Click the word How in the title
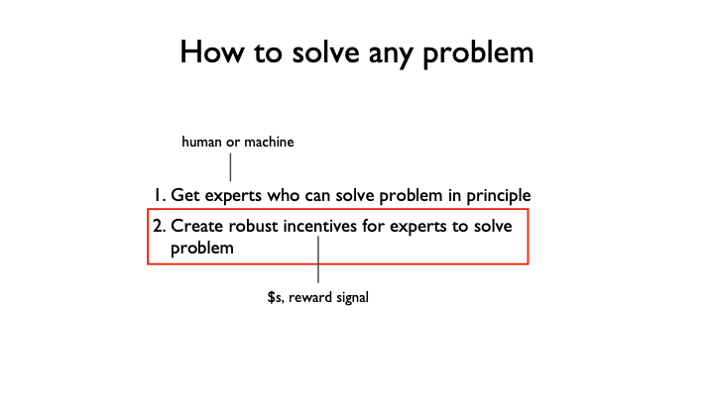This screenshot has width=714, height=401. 210,51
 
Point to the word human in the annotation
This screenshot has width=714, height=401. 202,143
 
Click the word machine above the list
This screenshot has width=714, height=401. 269,143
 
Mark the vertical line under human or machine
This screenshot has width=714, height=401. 230,167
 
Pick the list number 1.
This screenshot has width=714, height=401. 158,195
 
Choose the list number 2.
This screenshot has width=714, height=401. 158,225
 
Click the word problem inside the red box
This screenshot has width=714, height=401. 202,249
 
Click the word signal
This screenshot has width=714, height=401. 348,297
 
